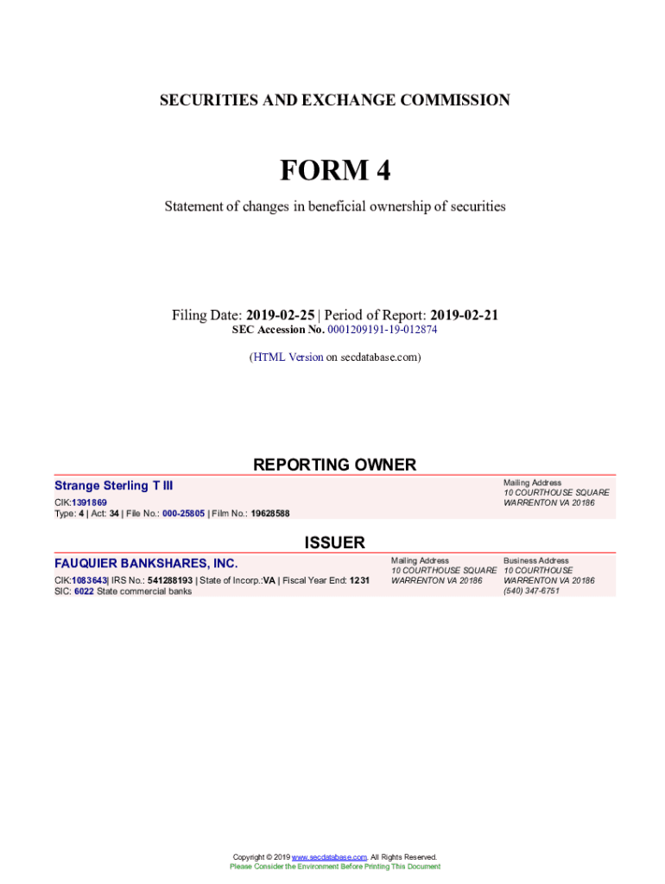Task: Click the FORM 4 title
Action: click(335, 171)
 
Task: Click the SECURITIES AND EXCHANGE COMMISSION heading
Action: click(335, 101)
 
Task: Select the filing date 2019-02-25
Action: click(280, 316)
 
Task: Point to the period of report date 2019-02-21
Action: click(464, 316)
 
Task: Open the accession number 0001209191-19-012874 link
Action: click(389, 330)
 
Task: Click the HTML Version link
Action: click(288, 357)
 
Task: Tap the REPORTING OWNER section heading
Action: click(334, 465)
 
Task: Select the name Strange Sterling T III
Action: click(113, 487)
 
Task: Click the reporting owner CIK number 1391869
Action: click(90, 502)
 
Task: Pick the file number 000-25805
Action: click(183, 514)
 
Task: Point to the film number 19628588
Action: click(270, 514)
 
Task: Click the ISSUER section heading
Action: click(334, 543)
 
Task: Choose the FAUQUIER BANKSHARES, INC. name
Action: click(146, 565)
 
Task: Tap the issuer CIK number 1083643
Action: click(89, 581)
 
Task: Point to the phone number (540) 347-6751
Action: click(531, 591)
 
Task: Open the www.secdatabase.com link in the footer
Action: click(330, 857)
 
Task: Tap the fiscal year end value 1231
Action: click(359, 581)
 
